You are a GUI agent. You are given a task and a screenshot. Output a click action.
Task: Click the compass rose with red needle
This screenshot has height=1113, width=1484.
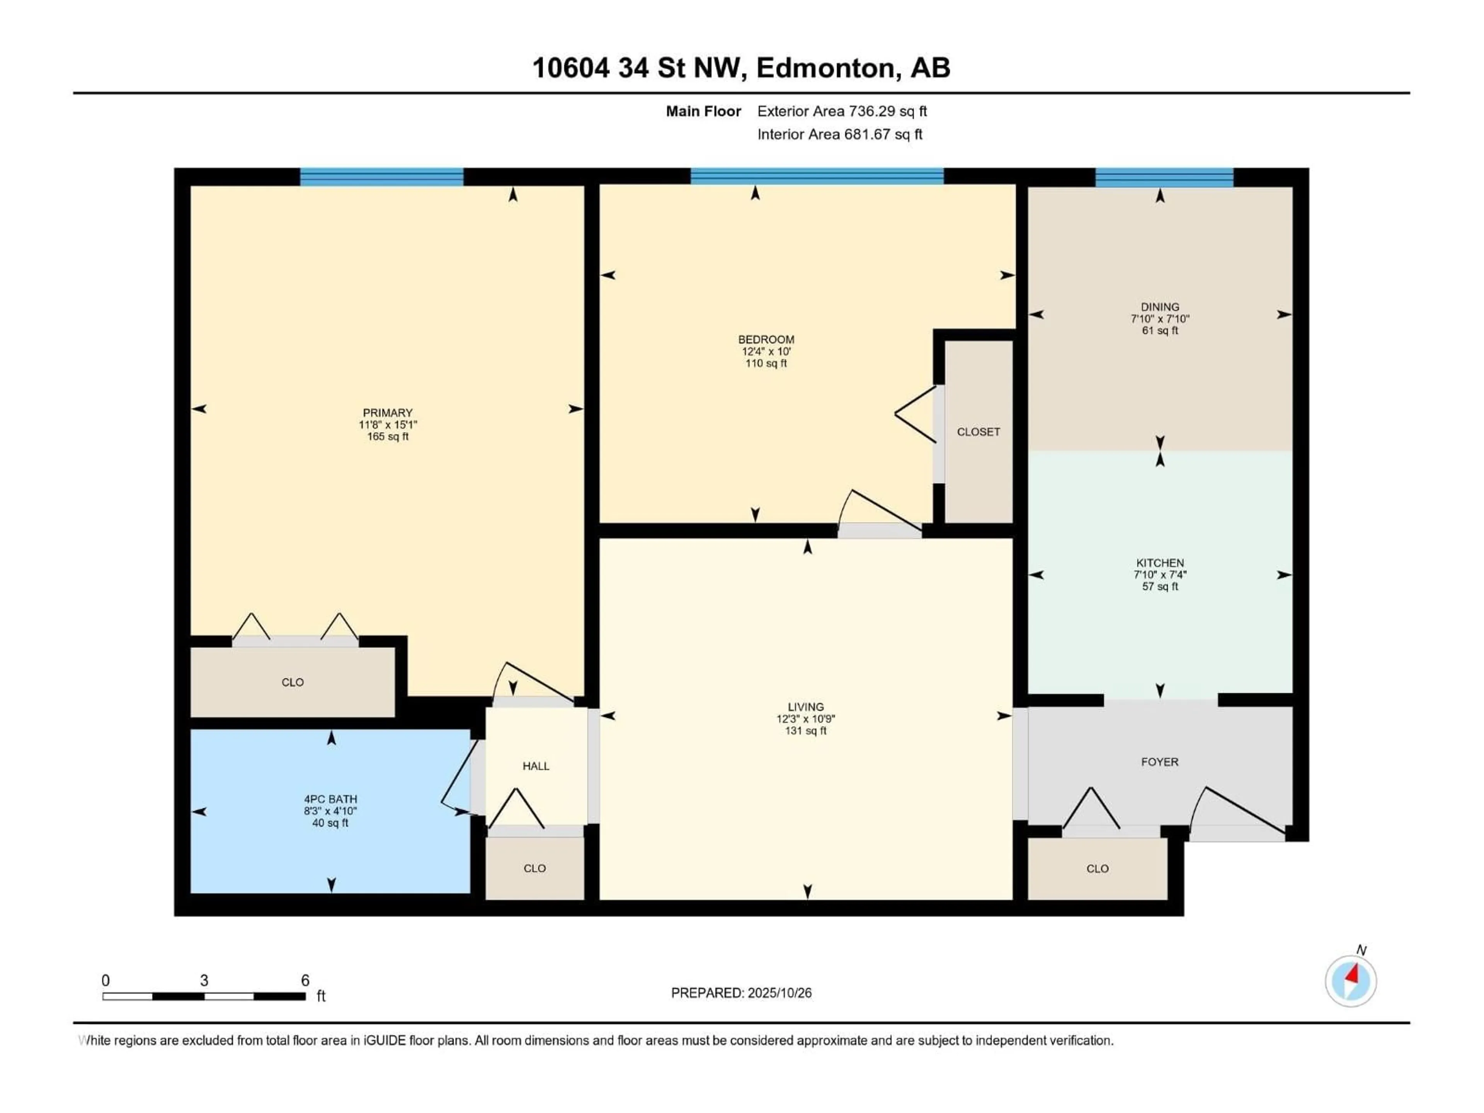[1351, 981]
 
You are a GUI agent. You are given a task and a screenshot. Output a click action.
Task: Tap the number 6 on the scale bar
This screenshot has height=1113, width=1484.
[305, 980]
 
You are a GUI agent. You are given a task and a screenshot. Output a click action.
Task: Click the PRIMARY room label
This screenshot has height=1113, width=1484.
[387, 413]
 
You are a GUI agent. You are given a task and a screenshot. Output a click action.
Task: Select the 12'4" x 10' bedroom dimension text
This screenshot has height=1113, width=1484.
[766, 351]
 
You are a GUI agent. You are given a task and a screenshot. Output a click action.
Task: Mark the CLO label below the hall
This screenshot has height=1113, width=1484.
[535, 868]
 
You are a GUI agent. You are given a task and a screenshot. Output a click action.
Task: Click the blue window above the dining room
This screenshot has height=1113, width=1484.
[1164, 177]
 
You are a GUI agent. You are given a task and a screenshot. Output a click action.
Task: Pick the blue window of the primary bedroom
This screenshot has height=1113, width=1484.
[381, 177]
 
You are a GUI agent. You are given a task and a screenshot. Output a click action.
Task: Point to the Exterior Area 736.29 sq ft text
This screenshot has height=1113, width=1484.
[842, 111]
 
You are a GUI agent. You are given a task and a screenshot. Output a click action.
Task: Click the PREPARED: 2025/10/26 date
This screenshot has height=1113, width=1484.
[741, 993]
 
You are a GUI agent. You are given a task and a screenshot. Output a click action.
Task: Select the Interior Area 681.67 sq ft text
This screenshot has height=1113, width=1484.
[839, 134]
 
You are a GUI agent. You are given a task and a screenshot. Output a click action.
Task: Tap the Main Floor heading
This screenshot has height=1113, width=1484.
[703, 111]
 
